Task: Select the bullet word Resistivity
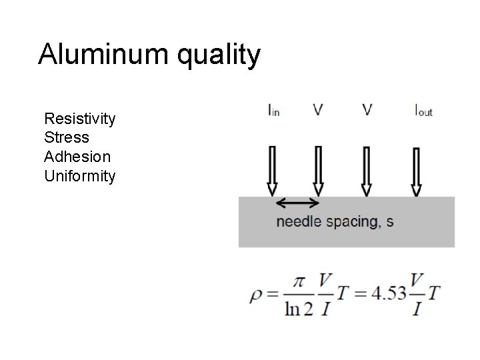[x=79, y=119]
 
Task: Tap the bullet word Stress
[x=66, y=138]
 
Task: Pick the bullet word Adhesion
[x=77, y=157]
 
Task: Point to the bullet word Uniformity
[x=79, y=177]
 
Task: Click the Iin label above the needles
[x=273, y=110]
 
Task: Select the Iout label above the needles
[x=423, y=110]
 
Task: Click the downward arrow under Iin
[x=273, y=171]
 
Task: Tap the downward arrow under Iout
[x=417, y=171]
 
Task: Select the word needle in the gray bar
[x=299, y=222]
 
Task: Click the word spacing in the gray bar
[x=352, y=223]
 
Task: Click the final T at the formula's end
[x=434, y=293]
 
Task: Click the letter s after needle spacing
[x=389, y=222]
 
